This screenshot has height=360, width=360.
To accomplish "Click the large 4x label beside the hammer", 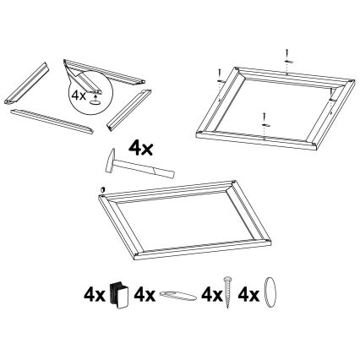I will (x=139, y=148).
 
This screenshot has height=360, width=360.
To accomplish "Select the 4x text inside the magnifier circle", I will (x=78, y=95).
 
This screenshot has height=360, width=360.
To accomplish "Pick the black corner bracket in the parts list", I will (x=119, y=297).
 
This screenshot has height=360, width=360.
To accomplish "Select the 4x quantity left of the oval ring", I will (x=249, y=296).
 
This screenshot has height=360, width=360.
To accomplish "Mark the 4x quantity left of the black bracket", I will (x=93, y=296).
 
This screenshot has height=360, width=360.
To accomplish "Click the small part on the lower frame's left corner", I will (x=101, y=191).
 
